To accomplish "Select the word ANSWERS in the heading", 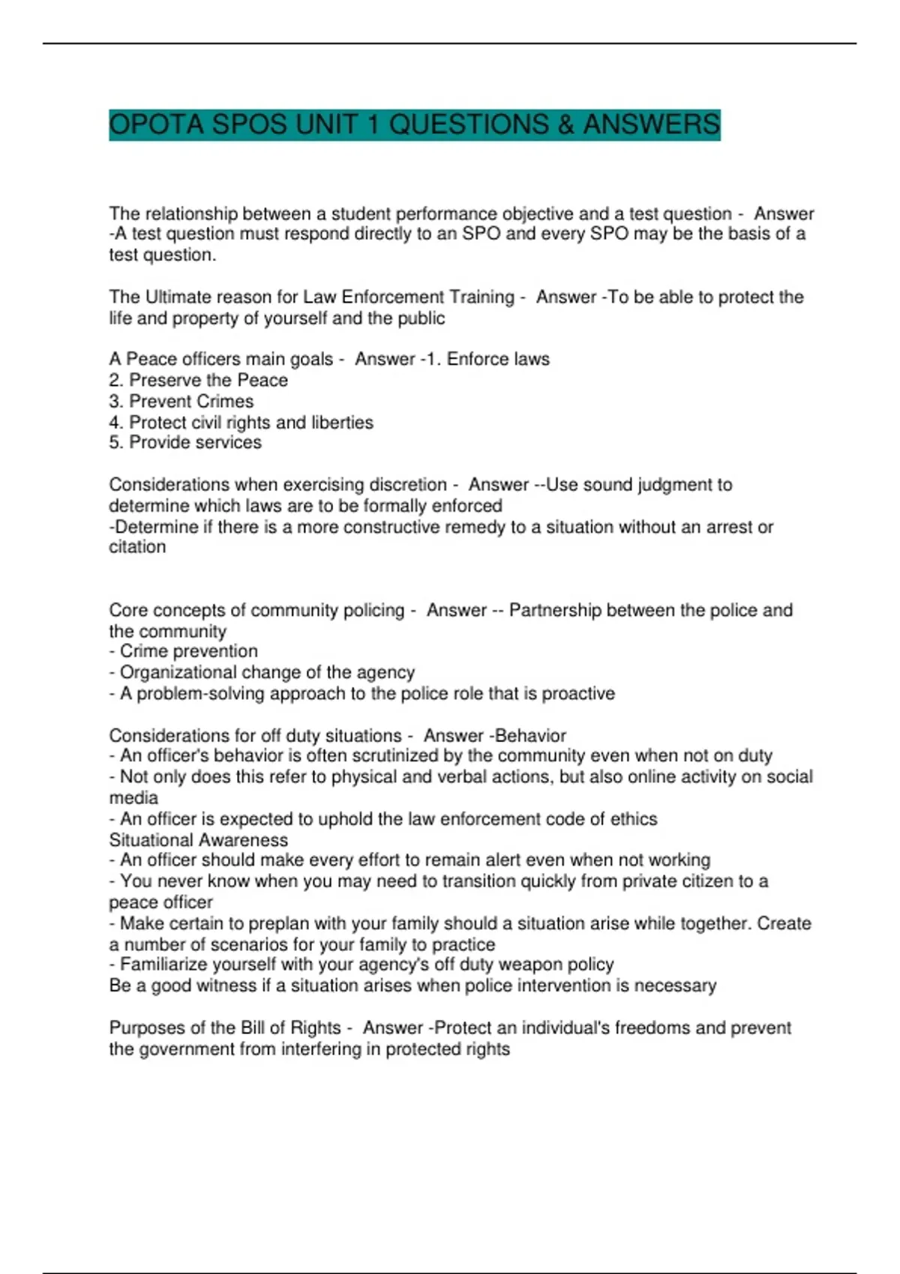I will pyautogui.click(x=651, y=124).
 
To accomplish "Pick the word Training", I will pyautogui.click(x=478, y=298).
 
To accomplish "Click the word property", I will pyautogui.click(x=205, y=318).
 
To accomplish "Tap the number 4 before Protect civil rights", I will pyautogui.click(x=115, y=423).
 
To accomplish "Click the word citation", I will pyautogui.click(x=137, y=547).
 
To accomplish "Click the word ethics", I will pyautogui.click(x=634, y=819).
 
